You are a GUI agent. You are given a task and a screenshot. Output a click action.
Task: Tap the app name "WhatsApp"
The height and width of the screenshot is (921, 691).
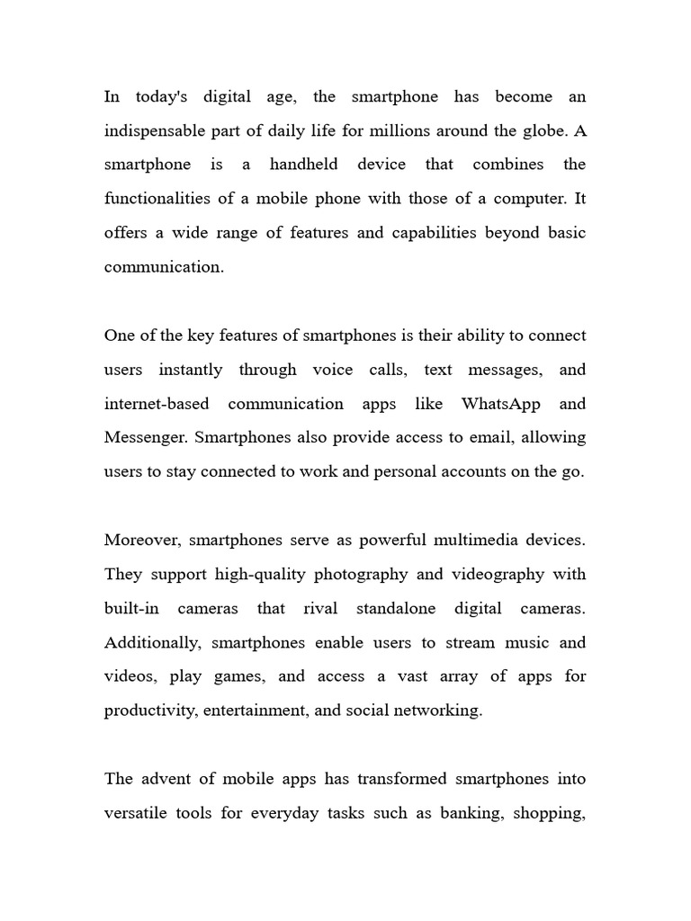tap(501, 404)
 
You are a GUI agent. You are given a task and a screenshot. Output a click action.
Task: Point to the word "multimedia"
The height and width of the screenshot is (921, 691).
tap(481, 541)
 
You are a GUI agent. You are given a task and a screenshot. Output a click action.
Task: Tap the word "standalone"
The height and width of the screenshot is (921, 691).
tap(395, 609)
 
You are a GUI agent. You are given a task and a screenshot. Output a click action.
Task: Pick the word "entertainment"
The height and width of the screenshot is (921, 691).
tap(255, 711)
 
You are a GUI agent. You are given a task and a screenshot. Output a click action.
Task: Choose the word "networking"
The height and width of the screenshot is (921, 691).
tap(438, 711)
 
